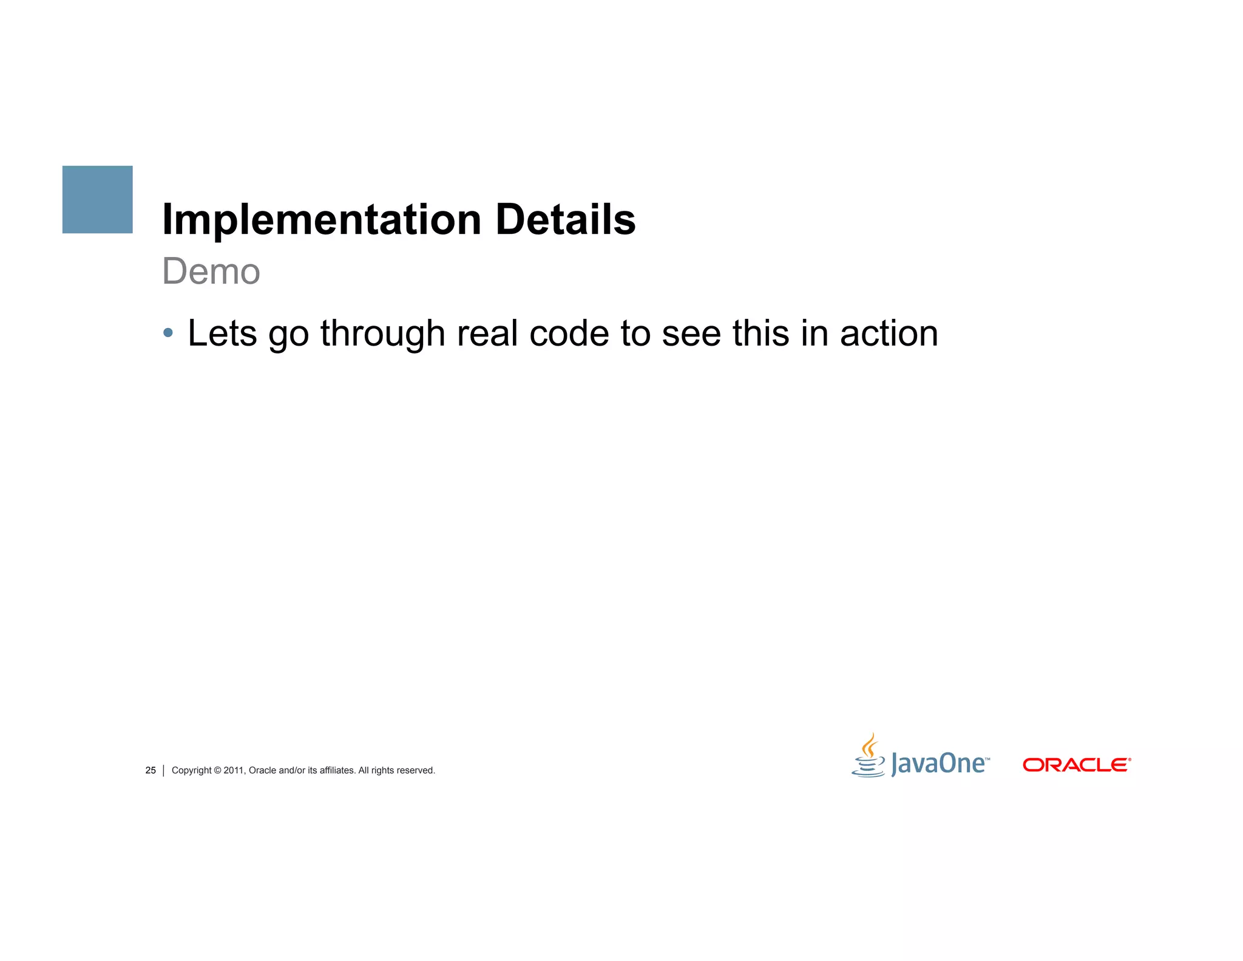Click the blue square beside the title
tap(97, 199)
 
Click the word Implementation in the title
tap(322, 219)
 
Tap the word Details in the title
tap(565, 219)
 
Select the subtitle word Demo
tap(211, 271)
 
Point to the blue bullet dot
tap(168, 333)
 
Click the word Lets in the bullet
tap(222, 333)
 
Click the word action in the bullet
tap(889, 333)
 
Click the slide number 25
tap(151, 770)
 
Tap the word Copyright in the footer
tap(191, 770)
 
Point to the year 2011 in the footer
tap(234, 770)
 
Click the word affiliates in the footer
tap(337, 770)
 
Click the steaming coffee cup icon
tap(869, 756)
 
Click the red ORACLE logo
tap(1076, 765)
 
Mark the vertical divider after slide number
tap(164, 770)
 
